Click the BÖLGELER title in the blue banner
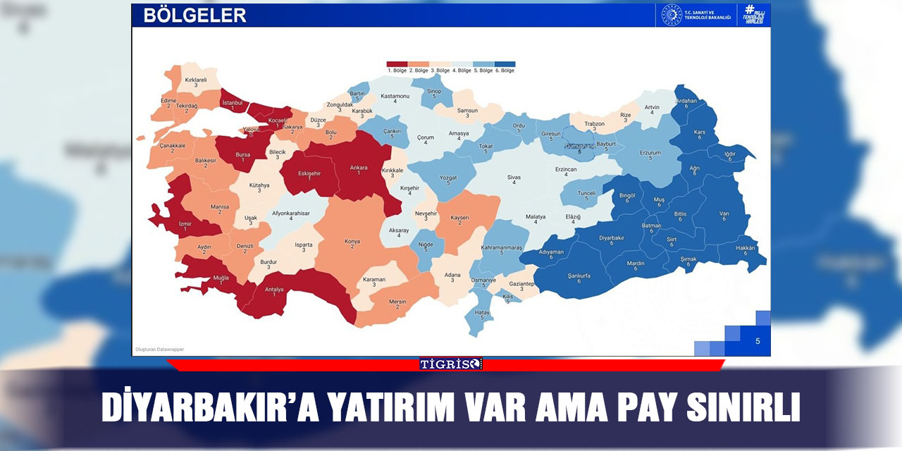coord(194,16)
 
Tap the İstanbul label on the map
coord(233,103)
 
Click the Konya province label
coord(352,242)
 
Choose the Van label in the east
coord(724,214)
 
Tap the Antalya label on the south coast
coord(273,289)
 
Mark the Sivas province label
coord(514,178)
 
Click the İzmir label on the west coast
coord(185,223)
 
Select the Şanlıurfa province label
coord(579,276)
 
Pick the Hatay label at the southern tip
coord(482,313)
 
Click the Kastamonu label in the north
coord(395,96)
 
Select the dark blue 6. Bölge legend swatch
coord(505,64)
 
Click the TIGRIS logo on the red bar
coord(451,364)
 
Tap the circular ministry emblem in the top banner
coord(672,15)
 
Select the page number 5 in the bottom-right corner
coord(758,341)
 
